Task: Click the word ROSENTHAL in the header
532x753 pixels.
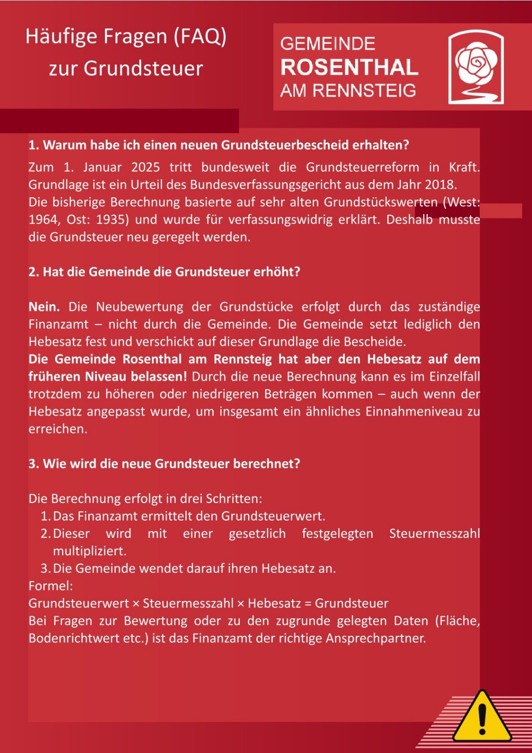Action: [x=349, y=67]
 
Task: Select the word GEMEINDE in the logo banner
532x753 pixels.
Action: [x=328, y=44]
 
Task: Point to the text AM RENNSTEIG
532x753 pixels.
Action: [x=348, y=90]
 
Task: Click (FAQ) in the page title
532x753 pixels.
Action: [x=200, y=36]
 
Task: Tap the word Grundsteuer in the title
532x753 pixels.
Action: [x=143, y=69]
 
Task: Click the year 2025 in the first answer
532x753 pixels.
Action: [x=145, y=167]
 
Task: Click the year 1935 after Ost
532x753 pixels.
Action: [x=112, y=220]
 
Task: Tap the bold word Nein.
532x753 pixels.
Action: [x=44, y=307]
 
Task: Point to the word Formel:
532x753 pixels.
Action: [x=51, y=586]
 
